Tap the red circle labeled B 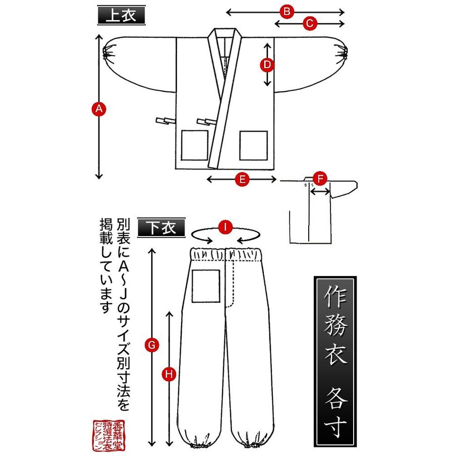click(287, 12)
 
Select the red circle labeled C click(310, 23)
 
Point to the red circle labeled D click(267, 65)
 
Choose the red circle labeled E click(243, 179)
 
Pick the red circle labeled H click(169, 374)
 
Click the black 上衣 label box click(121, 16)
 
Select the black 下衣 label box click(163, 228)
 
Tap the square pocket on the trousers click(206, 286)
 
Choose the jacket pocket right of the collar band click(253, 145)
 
